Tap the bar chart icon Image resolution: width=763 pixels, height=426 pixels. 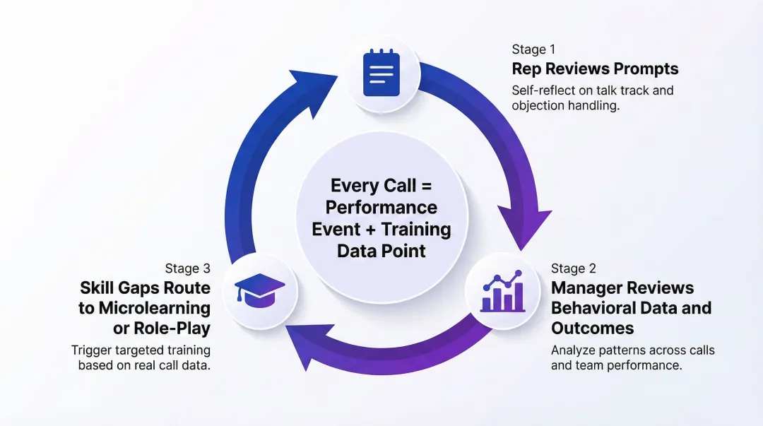pos(502,291)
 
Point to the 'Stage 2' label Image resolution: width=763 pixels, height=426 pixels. pos(574,268)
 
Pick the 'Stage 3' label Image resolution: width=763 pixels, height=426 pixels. pos(188,268)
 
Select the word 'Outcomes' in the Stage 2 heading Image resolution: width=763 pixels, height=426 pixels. pos(593,329)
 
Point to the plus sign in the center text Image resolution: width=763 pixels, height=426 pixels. pos(372,230)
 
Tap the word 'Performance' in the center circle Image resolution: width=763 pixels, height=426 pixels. pos(381,208)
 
